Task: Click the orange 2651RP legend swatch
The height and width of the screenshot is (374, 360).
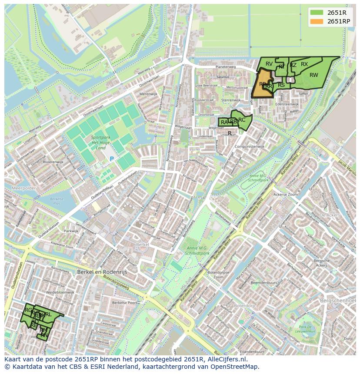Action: [x=317, y=21]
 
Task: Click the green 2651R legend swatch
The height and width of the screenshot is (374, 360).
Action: [x=317, y=13]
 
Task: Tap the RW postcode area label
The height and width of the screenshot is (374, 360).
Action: [x=313, y=75]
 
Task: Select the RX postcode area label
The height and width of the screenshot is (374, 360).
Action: [x=304, y=64]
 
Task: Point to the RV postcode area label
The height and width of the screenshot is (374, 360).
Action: [x=269, y=64]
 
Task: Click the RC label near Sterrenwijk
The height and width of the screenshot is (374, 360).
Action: [x=242, y=120]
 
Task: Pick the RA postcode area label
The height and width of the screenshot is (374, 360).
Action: [x=224, y=122]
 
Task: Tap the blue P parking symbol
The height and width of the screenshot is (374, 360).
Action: [x=111, y=159]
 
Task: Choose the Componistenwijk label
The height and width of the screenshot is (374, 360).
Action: [x=250, y=147]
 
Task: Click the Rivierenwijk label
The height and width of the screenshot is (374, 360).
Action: [x=53, y=162]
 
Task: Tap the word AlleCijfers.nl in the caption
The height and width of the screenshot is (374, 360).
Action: [x=227, y=360]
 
